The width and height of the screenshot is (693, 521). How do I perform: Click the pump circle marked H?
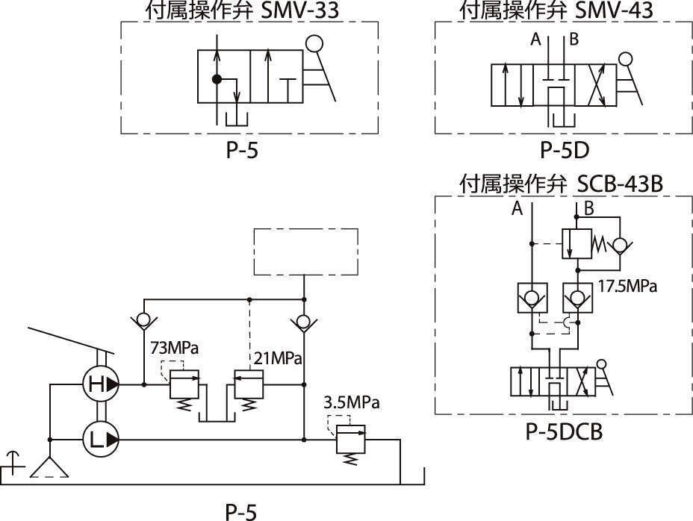[x=99, y=385]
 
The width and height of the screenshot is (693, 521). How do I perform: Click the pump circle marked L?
[x=99, y=440]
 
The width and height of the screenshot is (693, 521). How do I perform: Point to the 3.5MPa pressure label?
[x=352, y=402]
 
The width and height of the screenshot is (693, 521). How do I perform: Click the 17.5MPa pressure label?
[x=628, y=284]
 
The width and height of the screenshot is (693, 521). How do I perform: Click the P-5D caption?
[x=565, y=150]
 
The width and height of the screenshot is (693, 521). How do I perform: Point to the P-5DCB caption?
[x=565, y=433]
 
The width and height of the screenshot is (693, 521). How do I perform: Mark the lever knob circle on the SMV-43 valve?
[x=626, y=60]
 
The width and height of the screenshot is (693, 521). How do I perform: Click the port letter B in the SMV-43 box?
[x=574, y=40]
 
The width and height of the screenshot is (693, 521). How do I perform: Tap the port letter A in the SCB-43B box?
[x=517, y=210]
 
